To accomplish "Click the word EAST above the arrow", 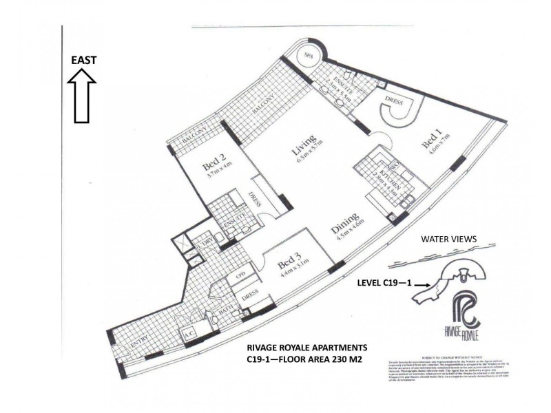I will [83, 60].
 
